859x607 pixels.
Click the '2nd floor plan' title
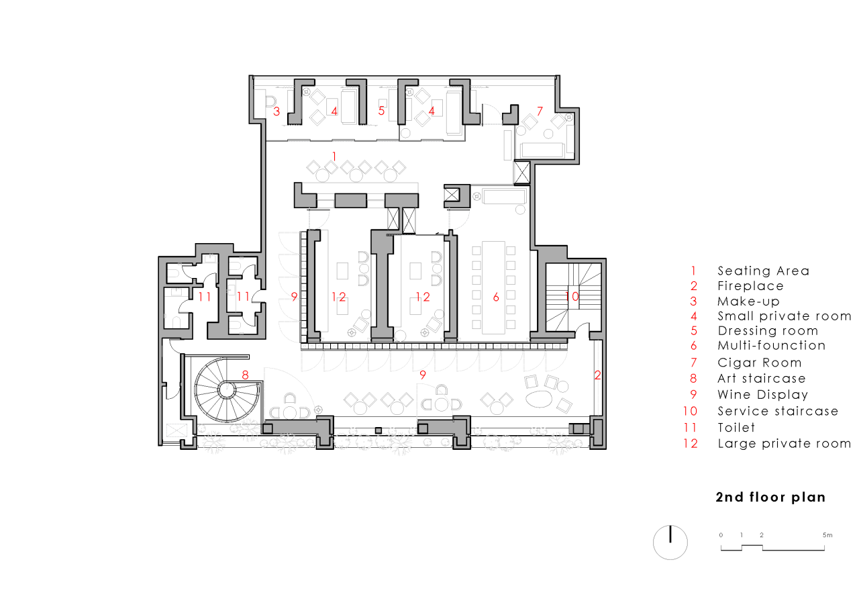[770, 498]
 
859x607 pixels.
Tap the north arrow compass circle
[670, 541]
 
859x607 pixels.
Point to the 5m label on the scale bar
[827, 535]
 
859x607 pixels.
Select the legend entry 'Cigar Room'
[759, 363]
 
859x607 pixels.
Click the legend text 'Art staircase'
[761, 379]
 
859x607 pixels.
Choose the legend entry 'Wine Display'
[762, 395]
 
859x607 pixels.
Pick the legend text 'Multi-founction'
[771, 346]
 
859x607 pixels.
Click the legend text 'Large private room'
[784, 443]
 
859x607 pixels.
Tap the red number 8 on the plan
[245, 375]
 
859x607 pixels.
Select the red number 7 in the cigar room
[539, 110]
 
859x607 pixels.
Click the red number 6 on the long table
[496, 297]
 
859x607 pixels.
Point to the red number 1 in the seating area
[334, 156]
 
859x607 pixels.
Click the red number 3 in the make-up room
[276, 111]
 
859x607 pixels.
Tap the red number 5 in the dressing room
[381, 111]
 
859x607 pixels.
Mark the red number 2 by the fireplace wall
[597, 376]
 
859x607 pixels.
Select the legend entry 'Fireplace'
[750, 286]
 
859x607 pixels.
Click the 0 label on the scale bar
[721, 535]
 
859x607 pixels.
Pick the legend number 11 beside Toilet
[692, 428]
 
